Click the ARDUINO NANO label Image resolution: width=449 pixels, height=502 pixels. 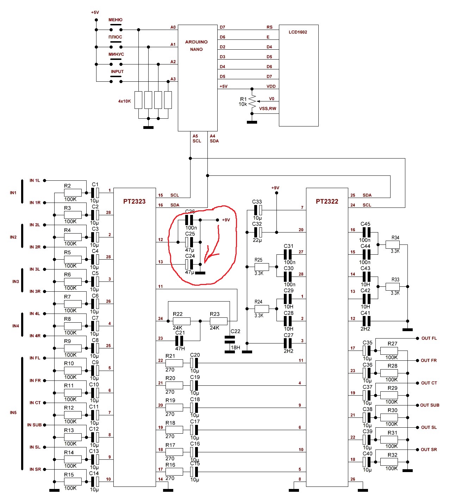[x=197, y=45]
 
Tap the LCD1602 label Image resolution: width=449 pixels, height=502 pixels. [x=298, y=32]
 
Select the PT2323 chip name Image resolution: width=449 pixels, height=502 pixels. [x=134, y=202]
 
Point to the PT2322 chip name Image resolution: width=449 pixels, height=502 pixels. [x=327, y=202]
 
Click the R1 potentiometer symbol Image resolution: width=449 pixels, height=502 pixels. [x=252, y=102]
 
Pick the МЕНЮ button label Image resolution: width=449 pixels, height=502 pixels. [x=116, y=20]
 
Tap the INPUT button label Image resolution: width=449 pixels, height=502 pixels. [x=117, y=72]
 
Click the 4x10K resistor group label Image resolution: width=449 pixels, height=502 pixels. [x=124, y=101]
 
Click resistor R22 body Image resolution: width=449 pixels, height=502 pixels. [x=182, y=321]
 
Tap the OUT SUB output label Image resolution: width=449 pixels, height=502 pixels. [x=430, y=405]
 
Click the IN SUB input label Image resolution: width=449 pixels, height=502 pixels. [x=35, y=425]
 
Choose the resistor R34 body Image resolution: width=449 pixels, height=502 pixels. [x=393, y=244]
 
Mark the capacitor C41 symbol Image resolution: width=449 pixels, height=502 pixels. [x=366, y=321]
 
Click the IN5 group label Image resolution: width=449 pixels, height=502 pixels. [x=13, y=413]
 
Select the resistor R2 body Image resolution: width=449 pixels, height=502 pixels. [x=73, y=193]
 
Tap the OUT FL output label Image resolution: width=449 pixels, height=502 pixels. [x=429, y=338]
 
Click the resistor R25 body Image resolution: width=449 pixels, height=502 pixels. [x=262, y=267]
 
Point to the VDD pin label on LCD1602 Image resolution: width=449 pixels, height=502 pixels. [x=271, y=86]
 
